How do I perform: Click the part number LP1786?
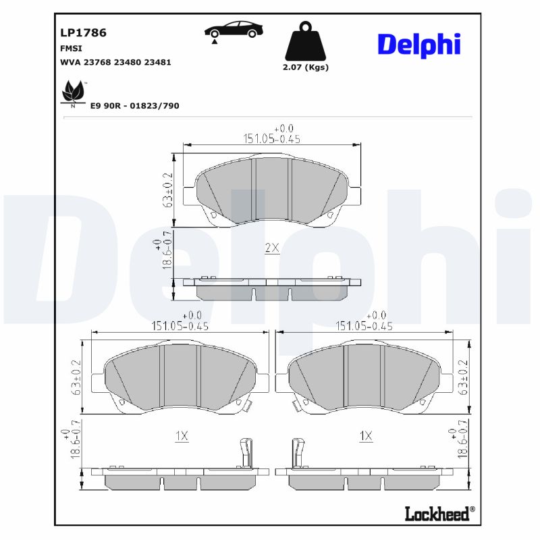tap(84, 32)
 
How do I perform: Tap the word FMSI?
tap(72, 49)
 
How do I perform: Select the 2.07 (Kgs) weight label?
tap(306, 67)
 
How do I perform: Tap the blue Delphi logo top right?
tap(418, 45)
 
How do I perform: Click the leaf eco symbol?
tap(72, 92)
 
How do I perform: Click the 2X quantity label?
tap(271, 248)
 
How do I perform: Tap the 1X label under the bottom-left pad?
tap(181, 437)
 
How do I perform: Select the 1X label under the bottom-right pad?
tap(366, 437)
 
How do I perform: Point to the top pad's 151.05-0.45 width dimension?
tap(271, 139)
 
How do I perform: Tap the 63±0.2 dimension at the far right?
tap(463, 377)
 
